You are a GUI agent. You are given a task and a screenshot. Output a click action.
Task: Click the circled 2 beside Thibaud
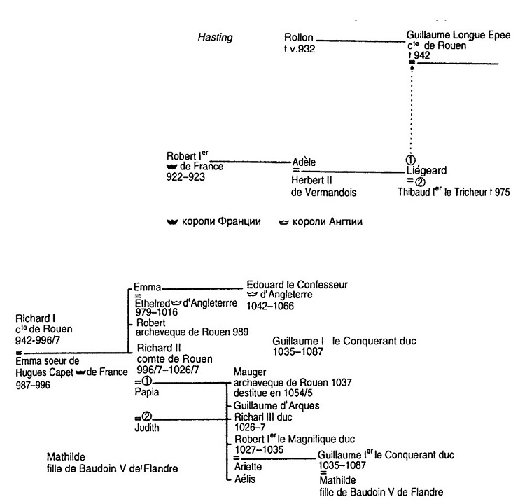[411, 180]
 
